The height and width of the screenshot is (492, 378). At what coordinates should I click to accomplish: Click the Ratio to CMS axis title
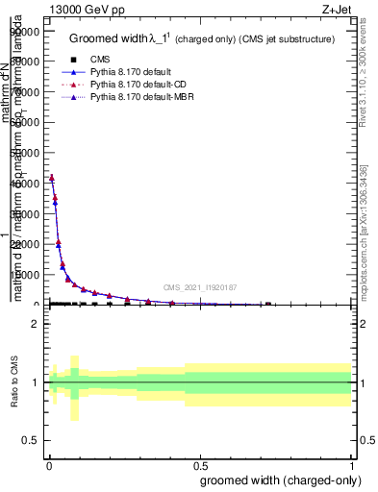14,381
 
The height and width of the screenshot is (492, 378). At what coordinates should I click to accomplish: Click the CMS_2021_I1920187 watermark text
199,286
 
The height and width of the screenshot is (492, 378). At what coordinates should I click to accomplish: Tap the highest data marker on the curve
52,177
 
